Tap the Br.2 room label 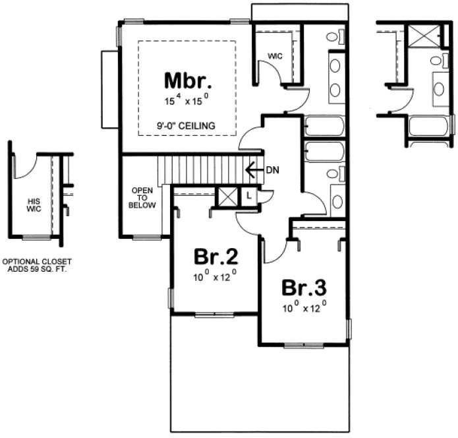coord(215,255)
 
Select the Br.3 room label coord(304,288)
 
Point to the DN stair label coord(273,170)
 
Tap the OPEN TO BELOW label coord(143,198)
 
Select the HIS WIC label coord(34,205)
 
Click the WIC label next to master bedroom coord(275,56)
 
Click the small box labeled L coord(249,195)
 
